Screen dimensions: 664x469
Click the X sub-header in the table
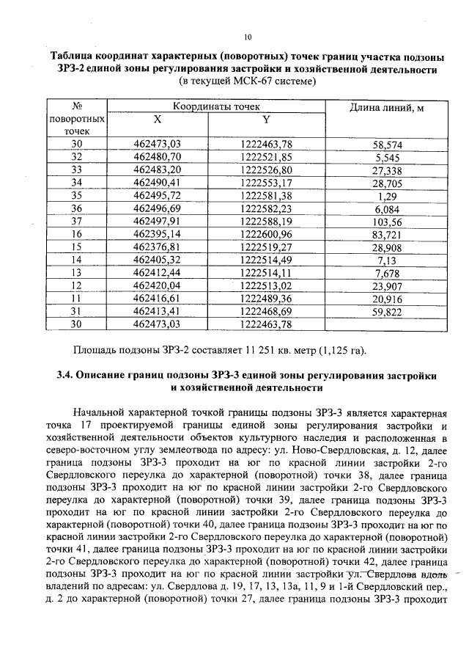point(158,120)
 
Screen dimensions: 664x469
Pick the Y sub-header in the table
point(266,120)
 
